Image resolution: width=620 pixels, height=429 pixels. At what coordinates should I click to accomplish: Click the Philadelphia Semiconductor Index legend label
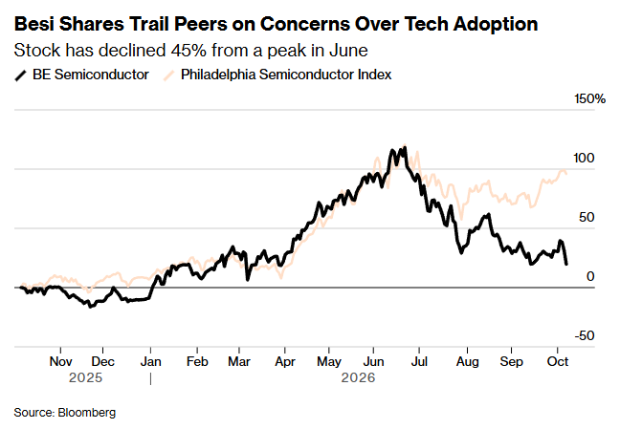coord(286,75)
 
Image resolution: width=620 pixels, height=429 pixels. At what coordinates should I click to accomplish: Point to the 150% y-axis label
coord(589,98)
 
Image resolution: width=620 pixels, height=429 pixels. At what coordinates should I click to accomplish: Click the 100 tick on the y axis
coord(584,158)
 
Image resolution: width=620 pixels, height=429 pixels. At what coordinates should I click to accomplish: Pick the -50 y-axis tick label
coord(585,335)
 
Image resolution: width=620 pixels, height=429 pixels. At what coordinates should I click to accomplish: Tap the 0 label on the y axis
coord(590,276)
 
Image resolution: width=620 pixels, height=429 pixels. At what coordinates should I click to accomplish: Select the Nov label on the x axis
coord(60,361)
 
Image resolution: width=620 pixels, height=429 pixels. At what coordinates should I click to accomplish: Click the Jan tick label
coord(150,361)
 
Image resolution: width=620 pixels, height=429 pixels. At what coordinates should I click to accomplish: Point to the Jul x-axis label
coord(419,361)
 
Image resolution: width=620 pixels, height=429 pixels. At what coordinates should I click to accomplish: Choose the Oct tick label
coord(558,361)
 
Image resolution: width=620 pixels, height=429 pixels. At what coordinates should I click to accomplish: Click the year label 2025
coord(85,378)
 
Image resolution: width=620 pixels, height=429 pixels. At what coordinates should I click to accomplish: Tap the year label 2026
coord(358,378)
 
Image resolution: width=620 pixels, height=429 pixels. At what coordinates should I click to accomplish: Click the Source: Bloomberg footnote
coord(65,413)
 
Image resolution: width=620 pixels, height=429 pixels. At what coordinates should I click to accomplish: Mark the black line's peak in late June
coord(405,148)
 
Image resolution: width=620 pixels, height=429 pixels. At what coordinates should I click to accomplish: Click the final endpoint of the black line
coord(566,264)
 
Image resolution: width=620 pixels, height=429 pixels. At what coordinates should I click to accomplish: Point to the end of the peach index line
coord(566,174)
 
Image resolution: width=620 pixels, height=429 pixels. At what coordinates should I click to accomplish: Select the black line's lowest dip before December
coord(90,307)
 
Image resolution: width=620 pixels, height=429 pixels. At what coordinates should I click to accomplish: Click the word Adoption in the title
coord(496,24)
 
